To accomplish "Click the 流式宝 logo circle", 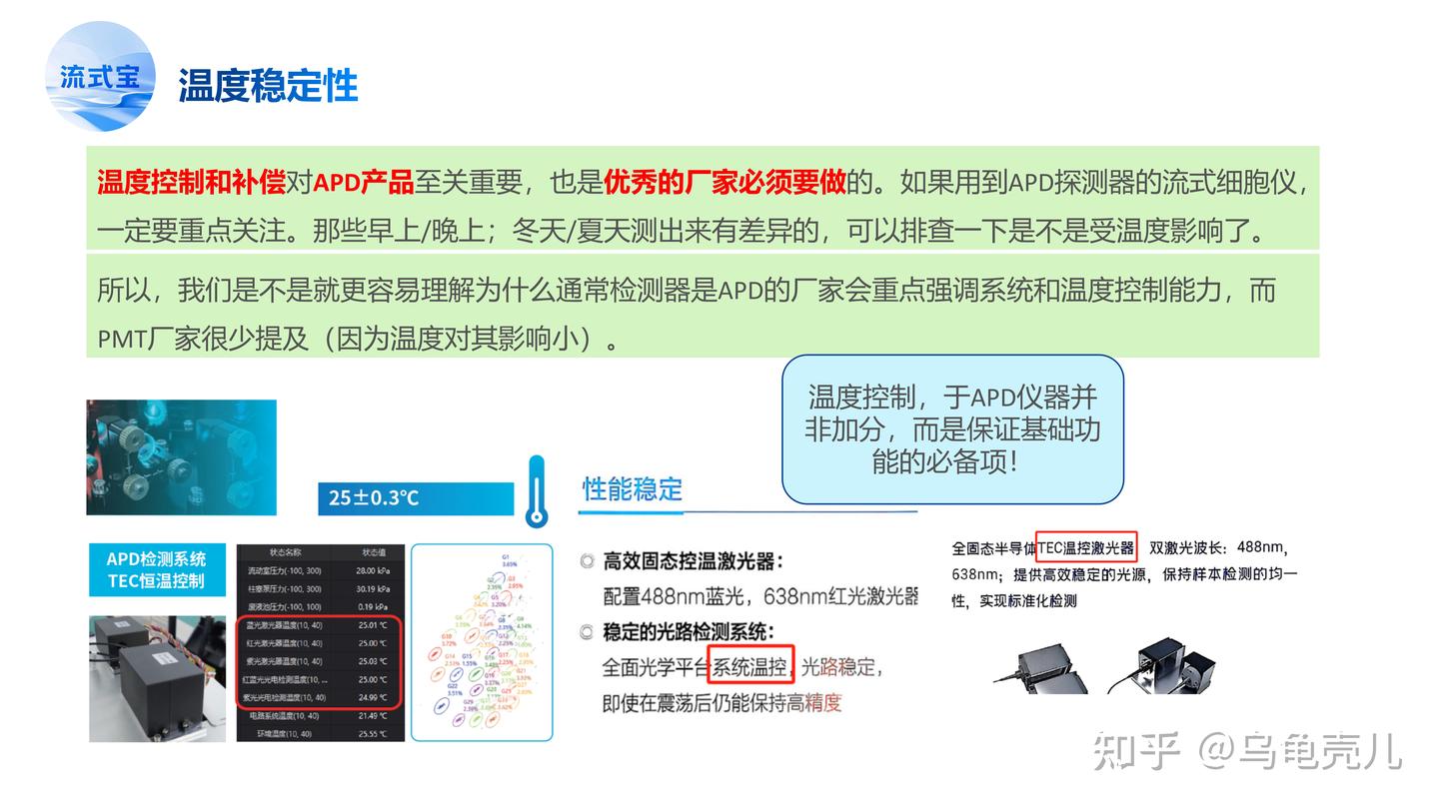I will click(x=101, y=77).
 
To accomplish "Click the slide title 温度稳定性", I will click(x=268, y=86).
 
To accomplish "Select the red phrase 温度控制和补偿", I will click(x=191, y=183).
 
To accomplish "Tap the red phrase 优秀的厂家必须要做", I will click(x=724, y=183).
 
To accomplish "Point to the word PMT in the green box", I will click(x=121, y=340).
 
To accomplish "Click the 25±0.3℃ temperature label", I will click(x=375, y=497).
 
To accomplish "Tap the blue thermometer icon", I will click(x=537, y=491).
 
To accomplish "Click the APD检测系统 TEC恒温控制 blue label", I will click(x=156, y=569).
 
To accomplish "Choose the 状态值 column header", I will click(x=372, y=552).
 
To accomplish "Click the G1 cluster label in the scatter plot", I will click(x=506, y=556).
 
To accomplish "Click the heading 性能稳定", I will click(x=633, y=489).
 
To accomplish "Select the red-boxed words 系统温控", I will click(x=749, y=666).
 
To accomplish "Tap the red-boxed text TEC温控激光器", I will click(x=1086, y=548).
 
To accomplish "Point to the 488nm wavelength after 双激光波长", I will click(x=1261, y=548).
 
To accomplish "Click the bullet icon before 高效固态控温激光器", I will click(x=588, y=561).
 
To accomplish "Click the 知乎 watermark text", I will click(x=1137, y=751).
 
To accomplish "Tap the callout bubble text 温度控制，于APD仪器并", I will click(x=952, y=398).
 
